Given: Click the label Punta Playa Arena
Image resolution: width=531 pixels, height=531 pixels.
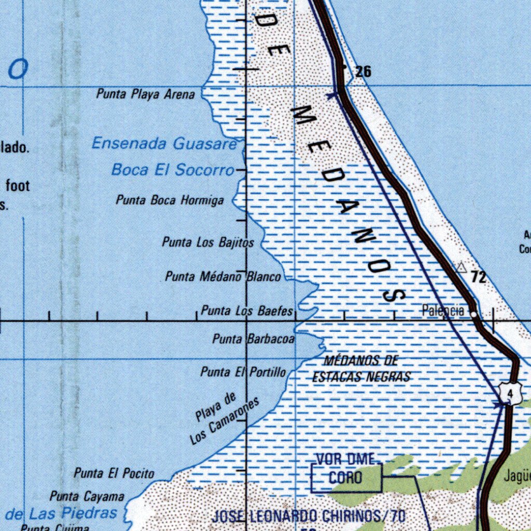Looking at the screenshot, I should click(x=146, y=94).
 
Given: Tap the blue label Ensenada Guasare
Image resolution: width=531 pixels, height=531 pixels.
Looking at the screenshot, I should click(x=164, y=144).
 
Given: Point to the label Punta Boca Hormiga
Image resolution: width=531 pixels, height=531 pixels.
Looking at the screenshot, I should click(x=170, y=200).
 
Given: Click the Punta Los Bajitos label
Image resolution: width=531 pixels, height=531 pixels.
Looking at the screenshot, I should click(x=208, y=242).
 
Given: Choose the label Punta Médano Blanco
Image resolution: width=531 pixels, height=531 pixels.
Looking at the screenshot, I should click(x=223, y=277).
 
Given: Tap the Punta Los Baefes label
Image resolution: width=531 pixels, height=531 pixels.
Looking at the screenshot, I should click(x=247, y=311).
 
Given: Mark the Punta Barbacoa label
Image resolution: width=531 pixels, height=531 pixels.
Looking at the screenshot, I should click(x=254, y=340).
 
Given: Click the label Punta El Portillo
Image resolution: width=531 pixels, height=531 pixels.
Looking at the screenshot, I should click(x=243, y=372).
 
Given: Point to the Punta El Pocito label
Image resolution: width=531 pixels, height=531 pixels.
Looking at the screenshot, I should click(x=114, y=473).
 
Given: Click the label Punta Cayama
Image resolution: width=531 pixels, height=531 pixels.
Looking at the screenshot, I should click(x=87, y=497).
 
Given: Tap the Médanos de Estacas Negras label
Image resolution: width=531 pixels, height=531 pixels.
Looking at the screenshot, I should click(x=361, y=369).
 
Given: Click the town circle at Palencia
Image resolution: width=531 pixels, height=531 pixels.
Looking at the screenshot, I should click(x=474, y=314).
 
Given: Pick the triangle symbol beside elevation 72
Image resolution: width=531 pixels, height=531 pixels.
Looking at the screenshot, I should click(x=461, y=268).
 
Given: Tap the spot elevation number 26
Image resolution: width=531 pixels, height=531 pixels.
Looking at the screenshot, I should click(x=364, y=72).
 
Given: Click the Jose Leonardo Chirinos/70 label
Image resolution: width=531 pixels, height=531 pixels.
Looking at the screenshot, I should click(x=309, y=516).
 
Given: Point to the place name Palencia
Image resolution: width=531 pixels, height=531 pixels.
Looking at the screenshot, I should click(x=443, y=311).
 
